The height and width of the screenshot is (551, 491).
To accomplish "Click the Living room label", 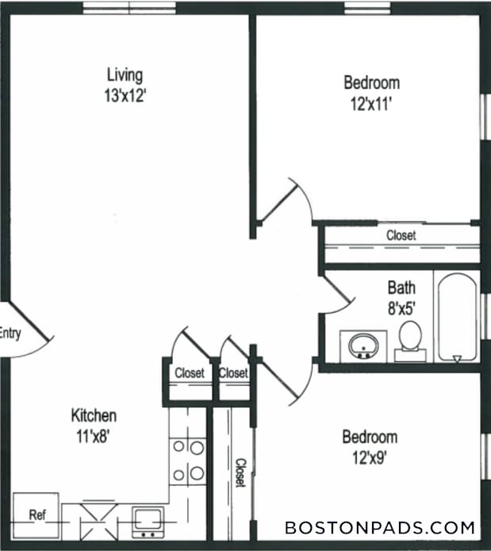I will pyautogui.click(x=125, y=75).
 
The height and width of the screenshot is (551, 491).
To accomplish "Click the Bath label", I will pyautogui.click(x=401, y=287).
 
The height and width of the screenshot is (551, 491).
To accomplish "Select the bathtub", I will pyautogui.click(x=456, y=318).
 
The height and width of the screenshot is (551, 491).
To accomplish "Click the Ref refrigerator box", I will pyautogui.click(x=36, y=515).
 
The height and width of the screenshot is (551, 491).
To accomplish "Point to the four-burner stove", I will pyautogui.click(x=189, y=460).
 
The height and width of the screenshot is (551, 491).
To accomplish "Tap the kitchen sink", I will pyautogui.click(x=148, y=521).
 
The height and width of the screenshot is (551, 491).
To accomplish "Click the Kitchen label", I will pyautogui.click(x=94, y=415).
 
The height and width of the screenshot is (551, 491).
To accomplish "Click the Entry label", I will pyautogui.click(x=10, y=333).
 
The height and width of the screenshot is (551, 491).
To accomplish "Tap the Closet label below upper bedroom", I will pyautogui.click(x=401, y=236).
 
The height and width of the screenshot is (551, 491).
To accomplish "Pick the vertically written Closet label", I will pyautogui.click(x=239, y=473).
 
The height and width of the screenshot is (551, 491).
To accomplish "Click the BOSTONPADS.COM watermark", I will pyautogui.click(x=380, y=527).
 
